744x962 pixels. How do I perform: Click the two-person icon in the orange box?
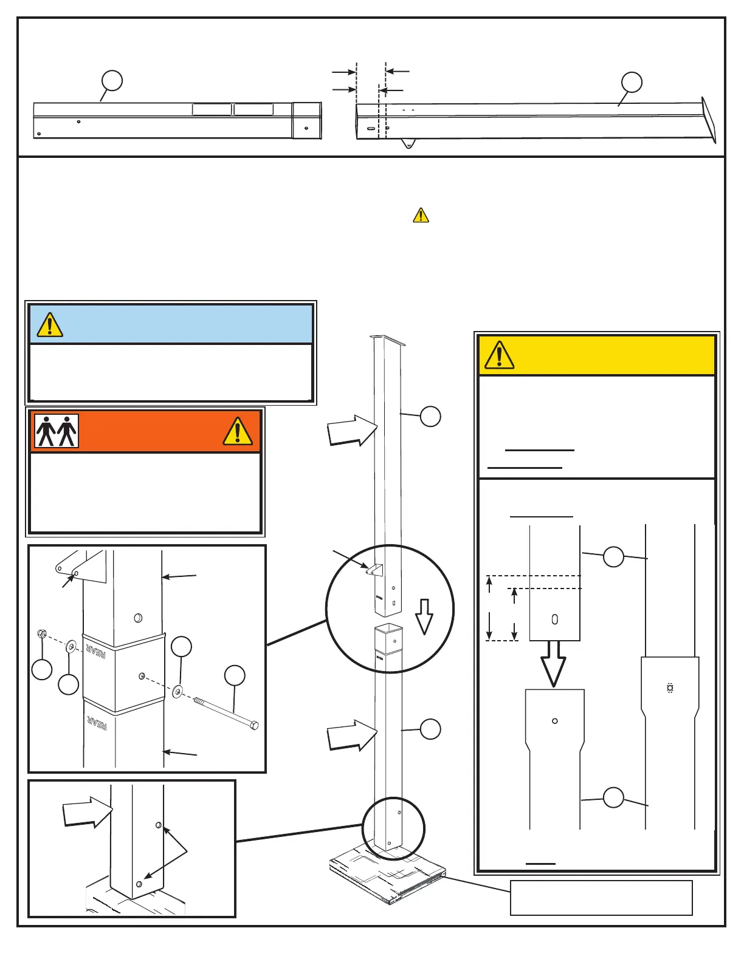coord(57,431)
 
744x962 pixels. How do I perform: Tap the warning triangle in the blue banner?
coord(50,325)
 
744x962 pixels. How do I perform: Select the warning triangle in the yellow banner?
coord(499,355)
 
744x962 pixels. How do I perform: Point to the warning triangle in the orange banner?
coord(238,431)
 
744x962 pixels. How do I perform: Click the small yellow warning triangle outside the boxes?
coord(421,216)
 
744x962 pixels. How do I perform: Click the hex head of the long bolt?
coord(254,725)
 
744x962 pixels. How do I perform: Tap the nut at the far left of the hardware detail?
coord(42,635)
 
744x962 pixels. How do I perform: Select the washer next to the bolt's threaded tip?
coord(177,691)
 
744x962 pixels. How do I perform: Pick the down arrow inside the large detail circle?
coord(424,616)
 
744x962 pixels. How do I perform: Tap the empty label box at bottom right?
coord(601,897)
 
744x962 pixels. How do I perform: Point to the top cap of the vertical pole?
coord(387,341)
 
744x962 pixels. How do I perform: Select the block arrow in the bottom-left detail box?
coord(88,811)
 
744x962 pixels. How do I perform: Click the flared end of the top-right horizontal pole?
coord(709,121)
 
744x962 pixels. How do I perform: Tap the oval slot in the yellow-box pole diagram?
coord(554,619)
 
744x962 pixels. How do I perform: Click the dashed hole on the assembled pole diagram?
coord(670,688)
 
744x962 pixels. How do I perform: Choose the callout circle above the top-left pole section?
coord(112,80)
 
